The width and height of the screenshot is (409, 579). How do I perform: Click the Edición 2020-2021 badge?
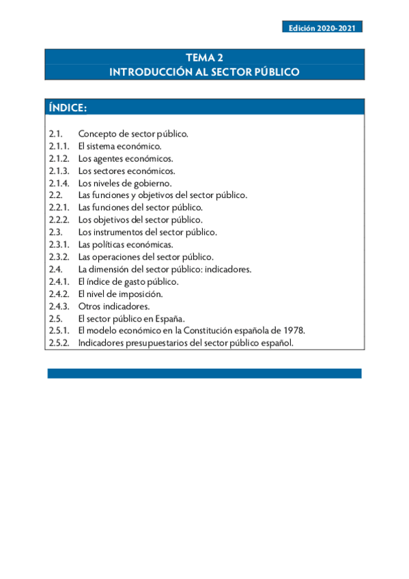[x=322, y=28]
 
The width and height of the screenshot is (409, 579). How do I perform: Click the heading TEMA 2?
[x=204, y=58]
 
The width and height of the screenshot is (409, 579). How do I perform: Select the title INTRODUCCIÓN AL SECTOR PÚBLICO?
[x=204, y=72]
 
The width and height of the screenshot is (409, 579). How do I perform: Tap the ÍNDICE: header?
[x=68, y=109]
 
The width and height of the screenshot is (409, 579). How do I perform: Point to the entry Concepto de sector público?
[x=133, y=134]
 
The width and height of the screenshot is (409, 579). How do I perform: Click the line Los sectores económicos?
[x=126, y=171]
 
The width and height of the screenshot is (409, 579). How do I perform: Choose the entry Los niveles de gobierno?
[x=124, y=183]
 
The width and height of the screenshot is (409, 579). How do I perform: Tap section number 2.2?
[x=56, y=195]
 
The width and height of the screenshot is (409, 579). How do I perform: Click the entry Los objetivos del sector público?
[x=140, y=220]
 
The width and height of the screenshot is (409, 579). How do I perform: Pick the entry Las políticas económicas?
[x=126, y=244]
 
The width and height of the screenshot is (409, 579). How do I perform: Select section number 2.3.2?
[x=59, y=257]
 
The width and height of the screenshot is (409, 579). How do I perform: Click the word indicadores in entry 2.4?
[x=227, y=269]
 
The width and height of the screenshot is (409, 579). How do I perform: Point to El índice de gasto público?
[x=128, y=281]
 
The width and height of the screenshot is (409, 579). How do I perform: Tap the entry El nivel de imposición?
[x=120, y=294]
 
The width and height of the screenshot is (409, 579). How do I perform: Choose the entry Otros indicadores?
[x=114, y=306]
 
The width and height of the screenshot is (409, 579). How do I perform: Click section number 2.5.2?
[x=59, y=343]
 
